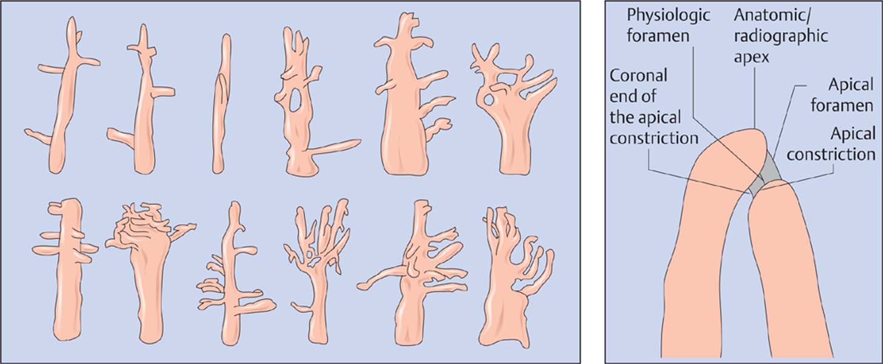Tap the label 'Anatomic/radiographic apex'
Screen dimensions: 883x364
[781, 36]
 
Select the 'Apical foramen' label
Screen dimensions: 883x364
[841, 95]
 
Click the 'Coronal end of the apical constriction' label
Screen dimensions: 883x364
[654, 107]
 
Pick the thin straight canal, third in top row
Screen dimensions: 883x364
[221, 104]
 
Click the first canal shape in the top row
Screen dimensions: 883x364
[63, 95]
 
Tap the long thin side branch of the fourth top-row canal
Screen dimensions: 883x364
[335, 146]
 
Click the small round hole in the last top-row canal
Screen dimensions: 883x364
[488, 99]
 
